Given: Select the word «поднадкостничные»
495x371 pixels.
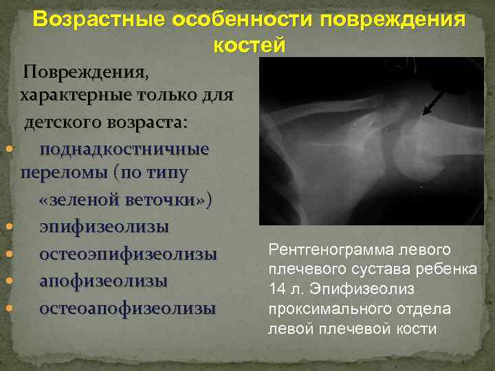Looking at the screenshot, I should (x=124, y=149).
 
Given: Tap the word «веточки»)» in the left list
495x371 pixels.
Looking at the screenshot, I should (x=173, y=200).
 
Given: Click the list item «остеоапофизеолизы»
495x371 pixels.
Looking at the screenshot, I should (x=127, y=308).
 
